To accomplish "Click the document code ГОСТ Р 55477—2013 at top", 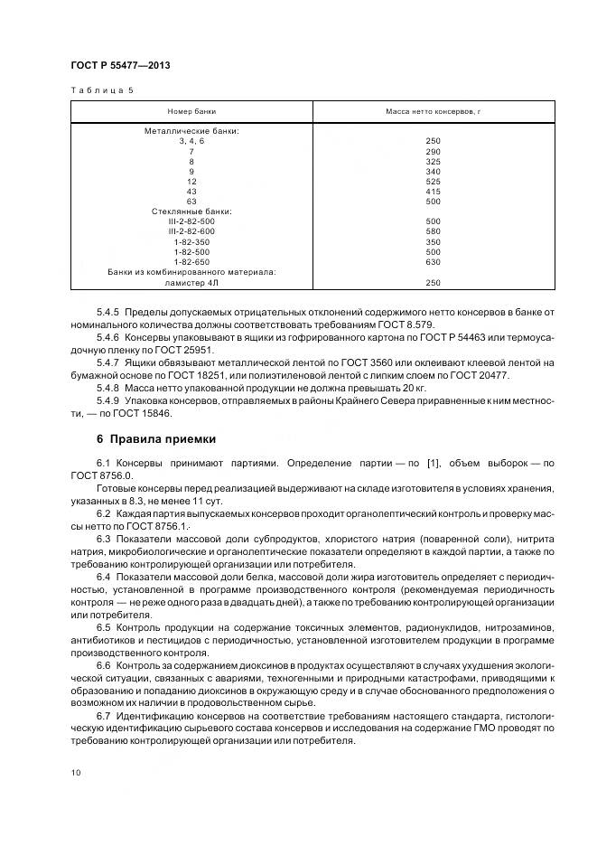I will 120,66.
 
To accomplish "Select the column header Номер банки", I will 192,110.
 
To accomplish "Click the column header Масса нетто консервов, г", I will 432,110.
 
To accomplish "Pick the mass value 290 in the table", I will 432,151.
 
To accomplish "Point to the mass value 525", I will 432,181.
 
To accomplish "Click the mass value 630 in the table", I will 432,261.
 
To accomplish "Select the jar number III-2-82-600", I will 191,231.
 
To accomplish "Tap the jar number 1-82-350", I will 191,241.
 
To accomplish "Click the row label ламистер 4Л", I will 191,282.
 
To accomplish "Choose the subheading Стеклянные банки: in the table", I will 191,211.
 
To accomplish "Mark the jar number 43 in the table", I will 191,191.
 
